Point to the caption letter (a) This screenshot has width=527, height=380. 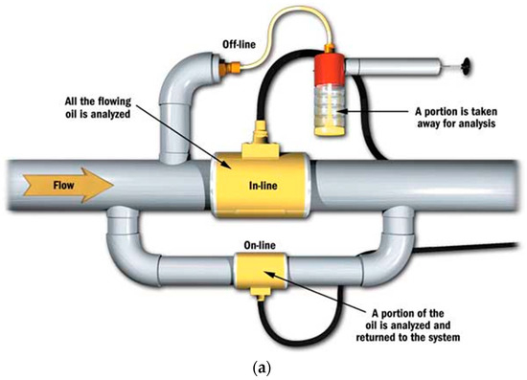[263, 368]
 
